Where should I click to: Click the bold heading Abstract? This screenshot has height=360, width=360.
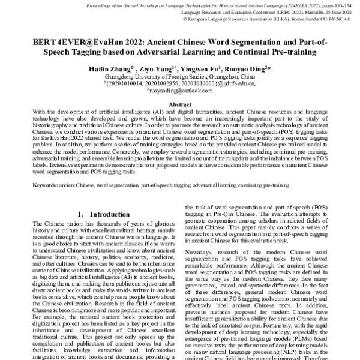point(179,104)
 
